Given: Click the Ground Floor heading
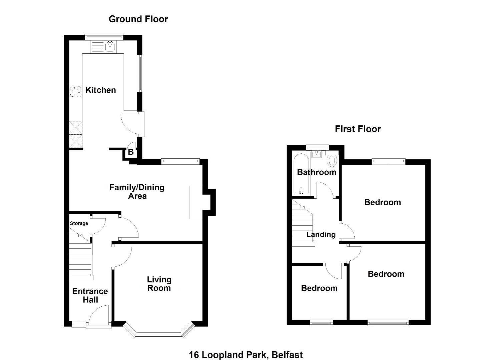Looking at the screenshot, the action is [138, 19].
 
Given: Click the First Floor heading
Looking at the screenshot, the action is [358, 129].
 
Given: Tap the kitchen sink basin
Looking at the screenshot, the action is [110, 47].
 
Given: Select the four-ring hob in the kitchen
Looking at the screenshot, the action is [76, 92].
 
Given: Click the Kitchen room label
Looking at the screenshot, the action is [100, 90].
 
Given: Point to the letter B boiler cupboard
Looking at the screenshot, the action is [131, 152].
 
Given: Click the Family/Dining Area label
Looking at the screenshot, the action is [137, 192].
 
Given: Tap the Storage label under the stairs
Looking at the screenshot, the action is [79, 223].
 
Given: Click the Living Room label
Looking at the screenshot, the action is [159, 284].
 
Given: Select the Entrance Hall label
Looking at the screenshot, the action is [90, 296].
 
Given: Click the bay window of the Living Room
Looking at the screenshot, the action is [159, 331].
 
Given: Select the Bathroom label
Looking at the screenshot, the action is [317, 172].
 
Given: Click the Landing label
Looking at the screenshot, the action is [321, 235].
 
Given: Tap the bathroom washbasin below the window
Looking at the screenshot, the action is [317, 154].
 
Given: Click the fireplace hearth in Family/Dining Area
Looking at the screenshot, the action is [196, 202].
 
